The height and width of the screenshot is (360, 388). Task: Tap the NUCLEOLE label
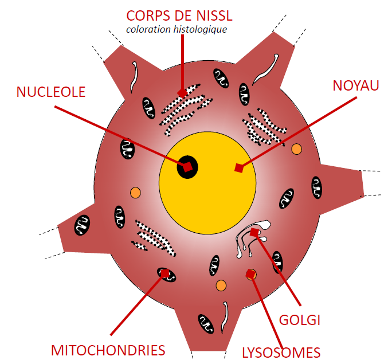(x=51, y=92)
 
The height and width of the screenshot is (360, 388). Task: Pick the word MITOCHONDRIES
(x=108, y=350)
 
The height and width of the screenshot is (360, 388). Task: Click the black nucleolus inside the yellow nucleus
(x=187, y=166)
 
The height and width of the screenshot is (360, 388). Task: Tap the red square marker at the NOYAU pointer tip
(x=239, y=168)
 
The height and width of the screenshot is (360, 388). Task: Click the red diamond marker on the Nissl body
(x=182, y=92)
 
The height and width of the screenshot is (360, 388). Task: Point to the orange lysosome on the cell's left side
(x=135, y=192)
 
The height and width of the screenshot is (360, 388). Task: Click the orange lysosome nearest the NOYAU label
(x=296, y=149)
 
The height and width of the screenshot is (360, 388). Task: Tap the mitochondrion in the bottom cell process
(x=205, y=324)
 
